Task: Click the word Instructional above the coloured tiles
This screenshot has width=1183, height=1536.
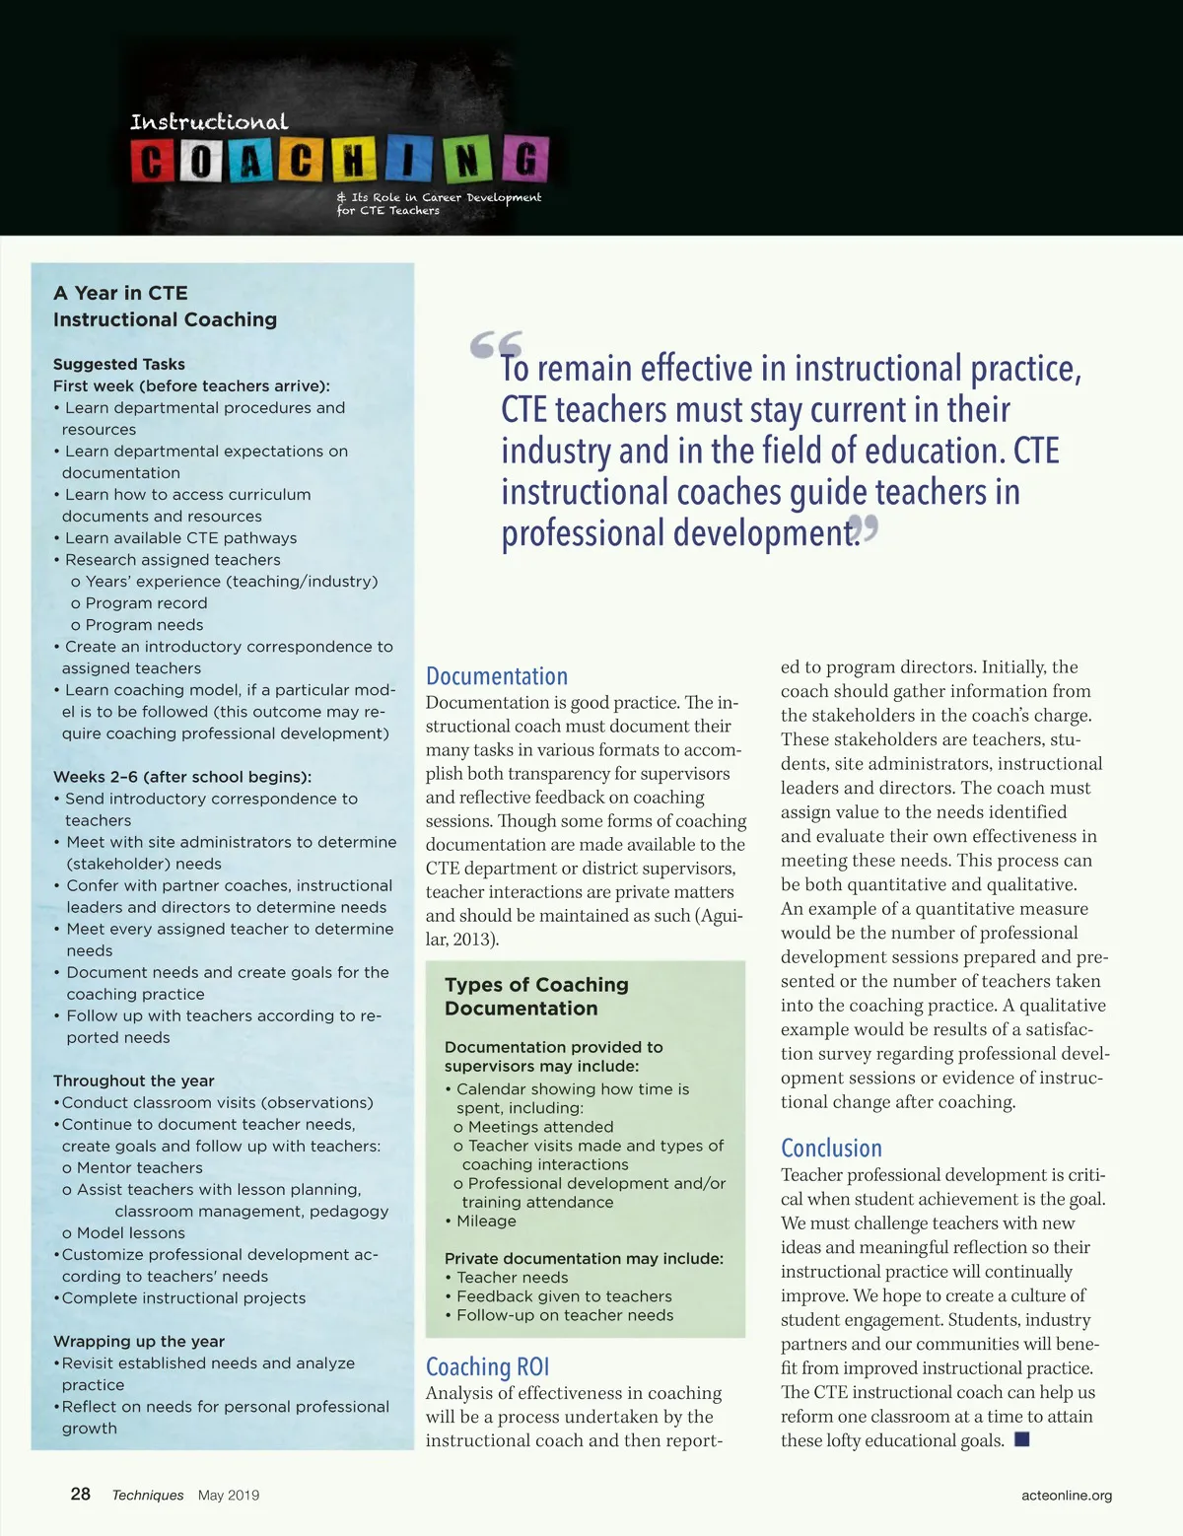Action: tap(209, 122)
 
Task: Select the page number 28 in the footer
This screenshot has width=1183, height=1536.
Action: tap(81, 1494)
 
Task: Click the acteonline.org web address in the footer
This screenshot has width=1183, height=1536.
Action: tap(1067, 1495)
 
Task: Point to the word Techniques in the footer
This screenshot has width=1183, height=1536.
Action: tap(148, 1495)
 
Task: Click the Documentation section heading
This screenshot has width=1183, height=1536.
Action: tap(497, 676)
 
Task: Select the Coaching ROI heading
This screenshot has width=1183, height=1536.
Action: tap(487, 1366)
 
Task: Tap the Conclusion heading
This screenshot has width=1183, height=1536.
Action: tap(831, 1148)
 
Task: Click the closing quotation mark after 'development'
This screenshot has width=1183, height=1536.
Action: tap(866, 529)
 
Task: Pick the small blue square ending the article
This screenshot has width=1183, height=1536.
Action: tap(1022, 1439)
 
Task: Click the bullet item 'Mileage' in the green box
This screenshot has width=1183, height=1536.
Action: tap(486, 1221)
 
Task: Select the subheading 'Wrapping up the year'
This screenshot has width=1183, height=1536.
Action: tap(139, 1341)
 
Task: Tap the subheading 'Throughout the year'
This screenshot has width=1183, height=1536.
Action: tap(134, 1081)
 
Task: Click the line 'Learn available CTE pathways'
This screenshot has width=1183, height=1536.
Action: tap(180, 537)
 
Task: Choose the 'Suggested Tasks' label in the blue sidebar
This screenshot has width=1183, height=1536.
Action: tap(119, 364)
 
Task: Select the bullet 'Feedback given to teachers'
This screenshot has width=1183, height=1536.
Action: tap(564, 1296)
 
